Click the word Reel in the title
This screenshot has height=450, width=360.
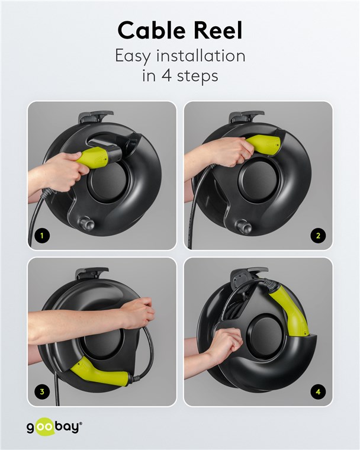click(x=218, y=30)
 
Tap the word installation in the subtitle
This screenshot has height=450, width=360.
click(x=201, y=56)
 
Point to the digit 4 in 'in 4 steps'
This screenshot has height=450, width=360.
click(x=166, y=76)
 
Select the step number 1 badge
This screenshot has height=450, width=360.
click(x=42, y=236)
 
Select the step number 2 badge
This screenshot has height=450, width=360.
click(x=318, y=236)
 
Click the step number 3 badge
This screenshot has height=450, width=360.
click(x=42, y=391)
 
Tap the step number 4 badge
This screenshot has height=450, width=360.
click(x=318, y=391)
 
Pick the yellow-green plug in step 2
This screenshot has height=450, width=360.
click(x=263, y=145)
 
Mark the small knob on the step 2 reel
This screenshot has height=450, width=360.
click(x=244, y=227)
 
